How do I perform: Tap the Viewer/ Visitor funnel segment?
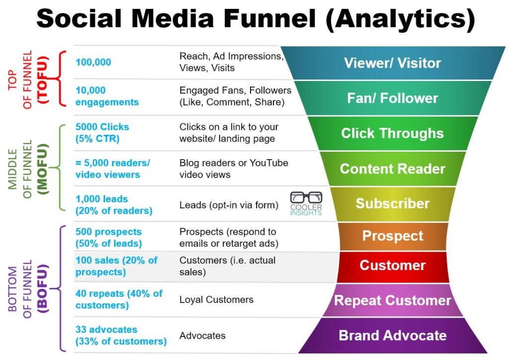[x=392, y=63]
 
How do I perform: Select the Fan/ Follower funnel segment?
[x=392, y=98]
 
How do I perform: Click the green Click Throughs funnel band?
[x=392, y=133]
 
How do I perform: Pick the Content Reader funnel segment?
[x=392, y=169]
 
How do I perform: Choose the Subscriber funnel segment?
[x=392, y=203]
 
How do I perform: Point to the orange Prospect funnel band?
[x=392, y=236]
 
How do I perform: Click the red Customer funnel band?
[x=392, y=266]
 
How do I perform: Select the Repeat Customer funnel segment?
[x=392, y=300]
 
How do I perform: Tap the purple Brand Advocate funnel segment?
[x=392, y=335]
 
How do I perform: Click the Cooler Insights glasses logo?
[x=306, y=203]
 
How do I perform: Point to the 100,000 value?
[x=93, y=63]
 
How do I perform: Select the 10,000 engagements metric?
[x=107, y=96]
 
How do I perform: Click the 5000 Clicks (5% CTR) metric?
[x=102, y=132]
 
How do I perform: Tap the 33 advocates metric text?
[x=121, y=335]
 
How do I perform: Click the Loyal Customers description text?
[x=216, y=299]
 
